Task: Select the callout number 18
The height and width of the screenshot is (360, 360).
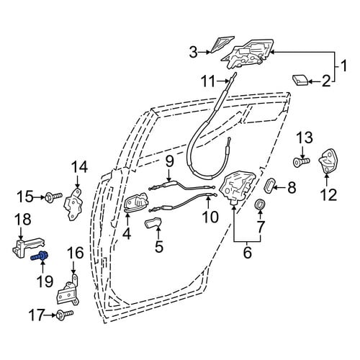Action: (x=23, y=219)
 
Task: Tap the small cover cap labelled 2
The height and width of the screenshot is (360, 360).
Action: (x=300, y=80)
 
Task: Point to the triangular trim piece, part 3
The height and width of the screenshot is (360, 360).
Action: (x=221, y=44)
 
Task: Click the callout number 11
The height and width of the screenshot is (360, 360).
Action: (x=208, y=81)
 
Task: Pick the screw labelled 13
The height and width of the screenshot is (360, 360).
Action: (x=302, y=161)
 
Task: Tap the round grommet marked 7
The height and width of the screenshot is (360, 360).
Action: (x=261, y=204)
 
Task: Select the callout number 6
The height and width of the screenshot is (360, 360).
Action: (x=247, y=253)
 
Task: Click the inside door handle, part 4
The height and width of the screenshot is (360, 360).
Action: (x=136, y=203)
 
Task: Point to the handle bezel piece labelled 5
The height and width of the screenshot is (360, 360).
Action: (x=153, y=222)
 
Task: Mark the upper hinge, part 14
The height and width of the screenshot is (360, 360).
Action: (x=74, y=204)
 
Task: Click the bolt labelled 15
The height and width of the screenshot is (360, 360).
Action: (x=54, y=198)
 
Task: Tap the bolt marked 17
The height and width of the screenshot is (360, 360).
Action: (x=65, y=315)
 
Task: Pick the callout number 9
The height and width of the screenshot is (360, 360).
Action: (x=169, y=161)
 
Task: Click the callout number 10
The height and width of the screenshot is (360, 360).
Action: (x=210, y=217)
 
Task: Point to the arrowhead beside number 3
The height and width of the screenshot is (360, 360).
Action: (x=208, y=52)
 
